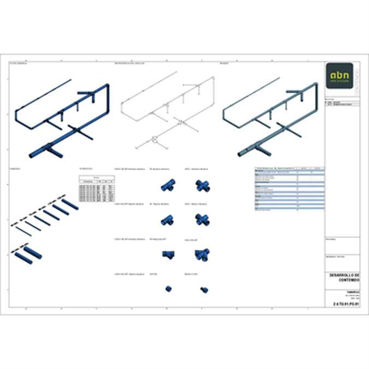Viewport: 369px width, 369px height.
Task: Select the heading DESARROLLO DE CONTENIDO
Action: click(x=343, y=277)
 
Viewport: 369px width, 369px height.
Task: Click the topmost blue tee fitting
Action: click(x=167, y=185)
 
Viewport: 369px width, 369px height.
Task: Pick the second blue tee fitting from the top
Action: click(x=166, y=220)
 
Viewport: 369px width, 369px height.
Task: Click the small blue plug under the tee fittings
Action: click(x=169, y=288)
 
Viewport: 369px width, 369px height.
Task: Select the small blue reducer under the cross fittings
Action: click(x=203, y=288)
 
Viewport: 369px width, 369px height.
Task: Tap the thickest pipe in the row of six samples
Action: click(x=69, y=204)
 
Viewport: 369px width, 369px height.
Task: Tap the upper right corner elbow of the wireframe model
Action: click(x=212, y=80)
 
